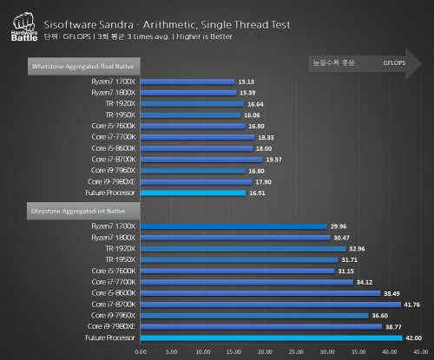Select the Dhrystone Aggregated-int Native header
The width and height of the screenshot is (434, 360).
(x=71, y=210)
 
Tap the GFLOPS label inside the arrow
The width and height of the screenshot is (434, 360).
(x=396, y=63)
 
